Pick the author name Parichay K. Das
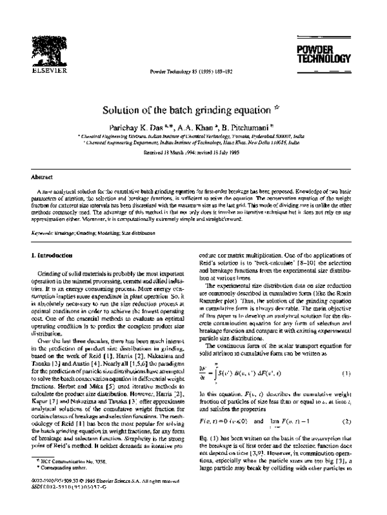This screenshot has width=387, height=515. (x=143, y=128)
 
